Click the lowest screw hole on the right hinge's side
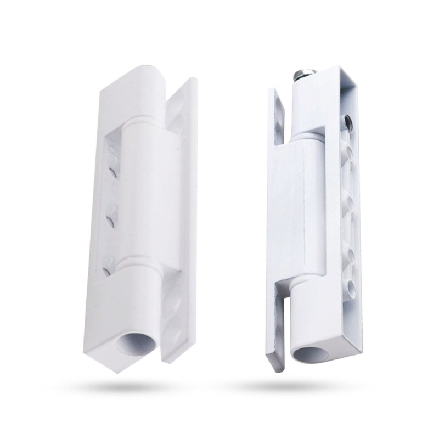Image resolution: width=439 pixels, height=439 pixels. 349,286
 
